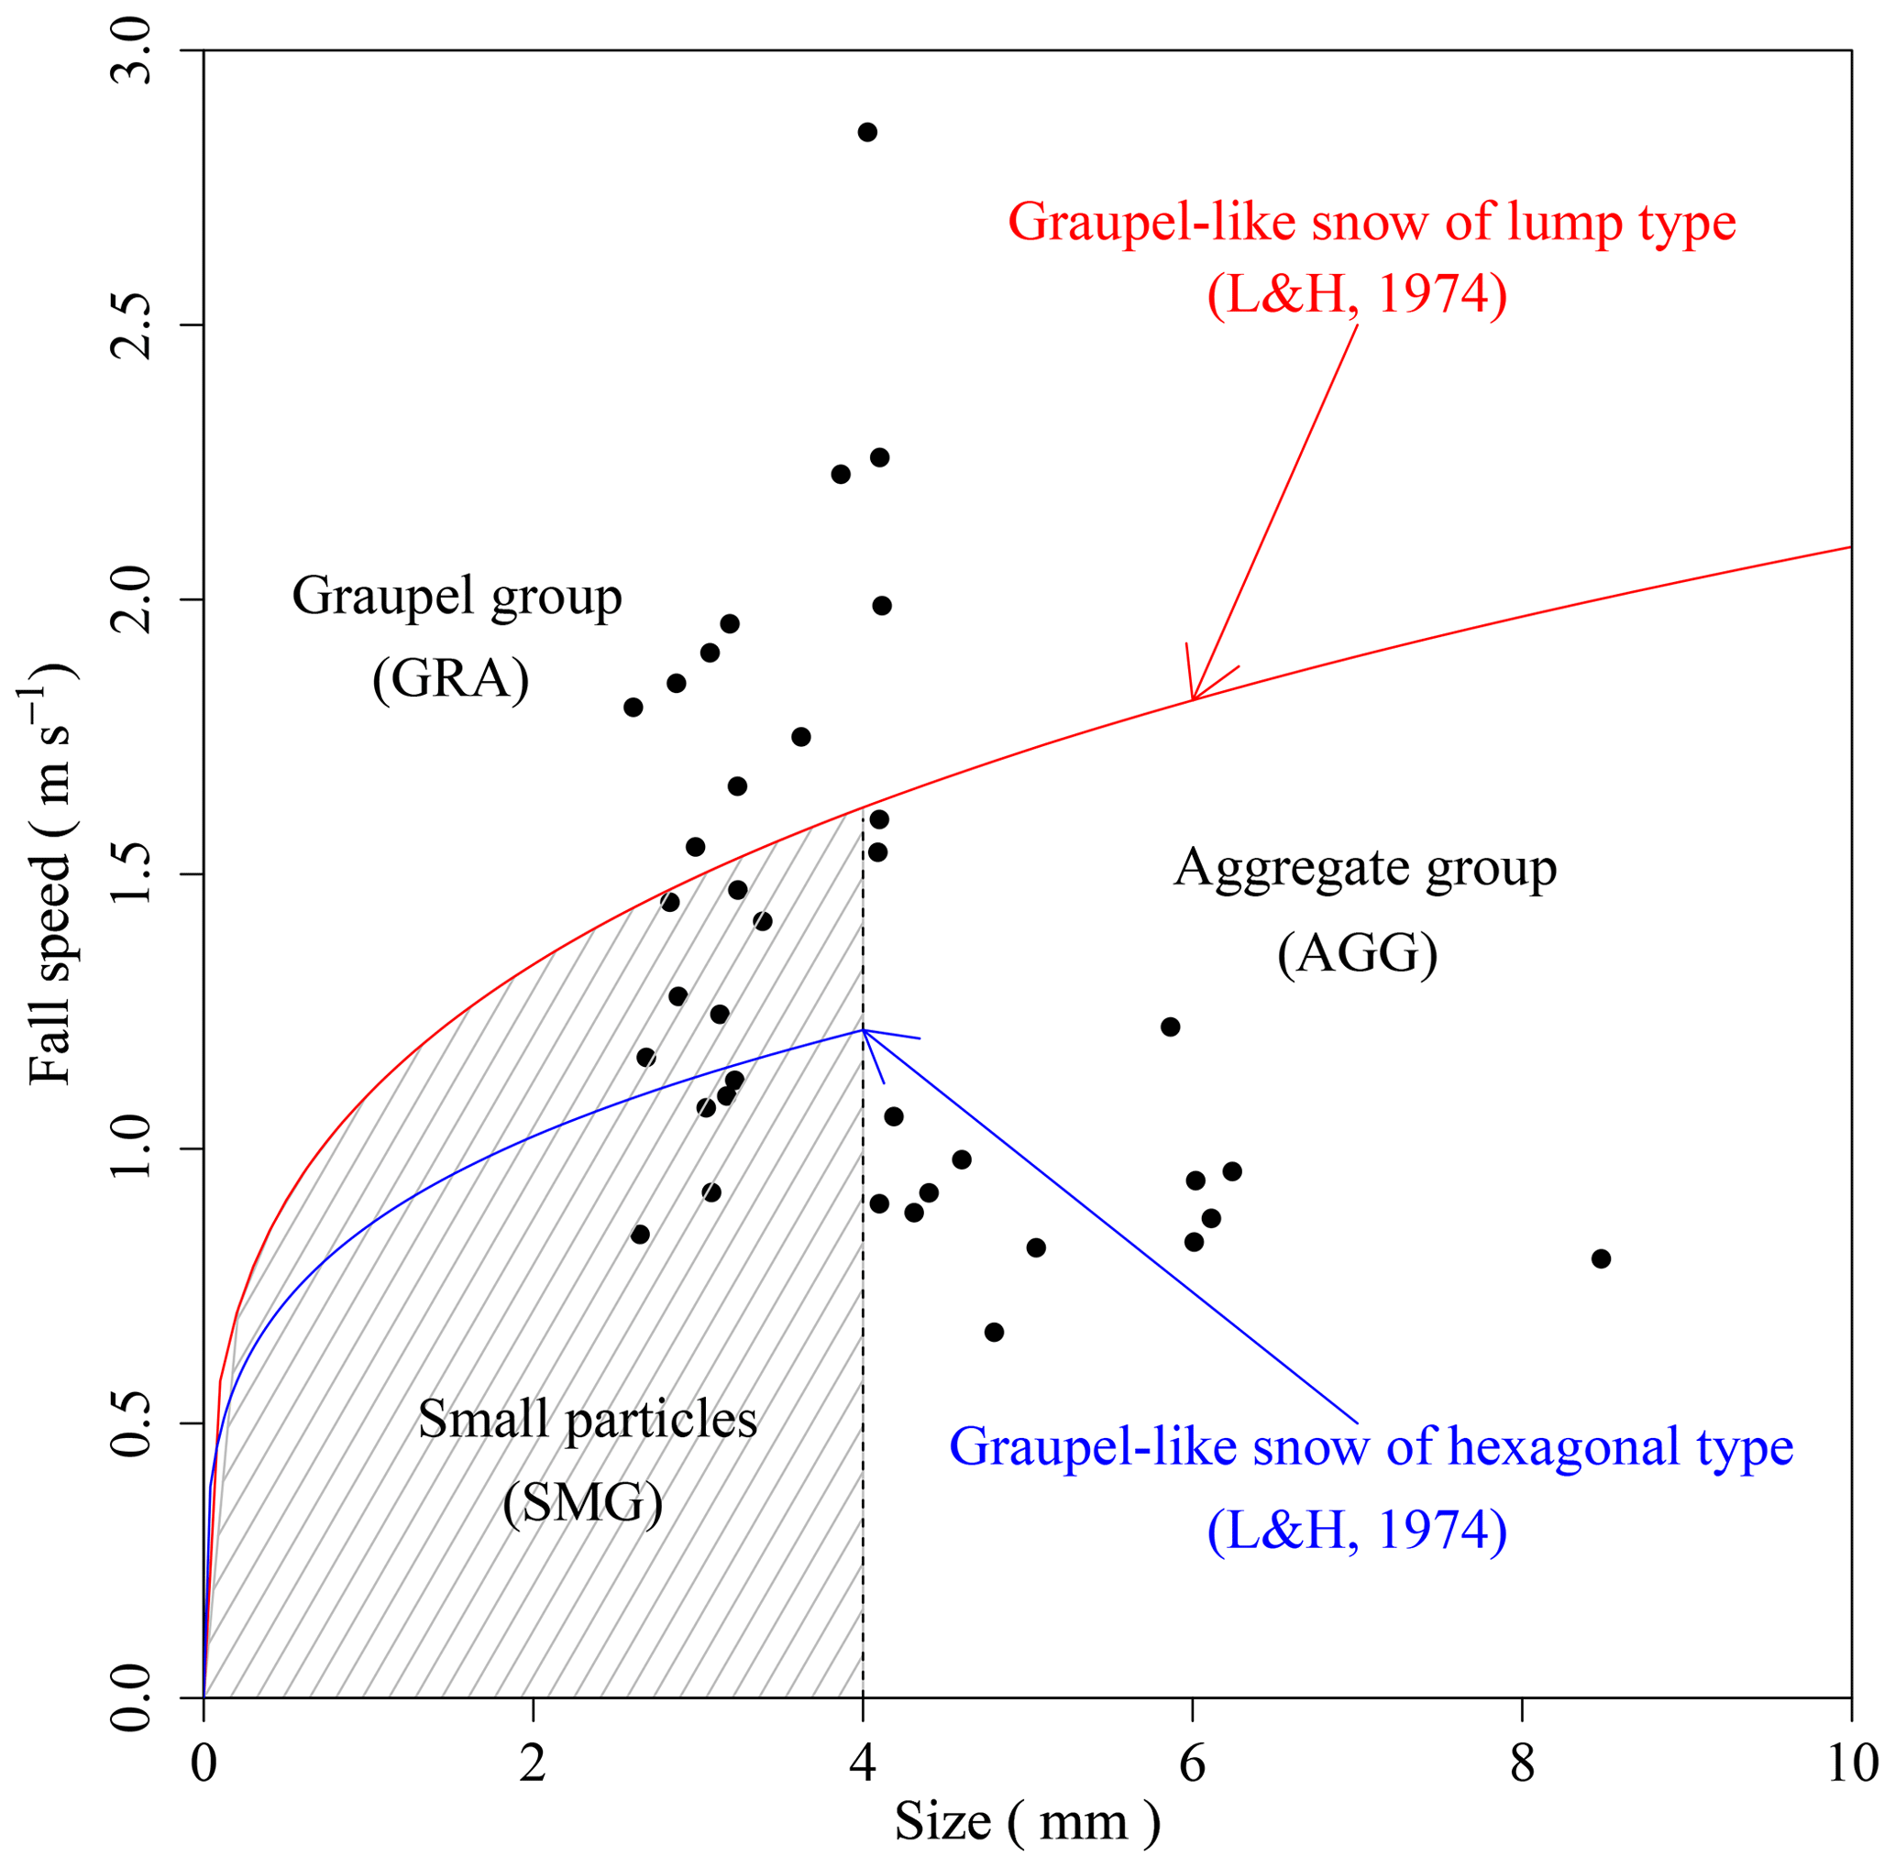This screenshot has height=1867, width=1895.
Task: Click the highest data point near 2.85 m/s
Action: [x=867, y=132]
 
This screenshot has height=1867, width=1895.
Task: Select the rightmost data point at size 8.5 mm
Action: [x=1601, y=1258]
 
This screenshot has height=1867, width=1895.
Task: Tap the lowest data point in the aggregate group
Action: [x=994, y=1332]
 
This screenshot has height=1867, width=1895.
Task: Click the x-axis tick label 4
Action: [x=862, y=1763]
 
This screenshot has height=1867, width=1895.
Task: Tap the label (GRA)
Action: [x=450, y=678]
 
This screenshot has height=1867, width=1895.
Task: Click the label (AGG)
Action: [x=1358, y=952]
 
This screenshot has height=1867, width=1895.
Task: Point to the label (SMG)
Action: [x=583, y=1501]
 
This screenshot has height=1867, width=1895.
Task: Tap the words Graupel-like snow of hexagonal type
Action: [x=1372, y=1446]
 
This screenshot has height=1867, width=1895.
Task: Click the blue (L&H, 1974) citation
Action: [x=1357, y=1530]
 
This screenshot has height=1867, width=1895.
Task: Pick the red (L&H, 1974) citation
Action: [x=1357, y=294]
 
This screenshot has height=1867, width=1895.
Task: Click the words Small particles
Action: [x=588, y=1419]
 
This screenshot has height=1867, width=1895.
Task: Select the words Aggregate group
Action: [x=1365, y=868]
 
